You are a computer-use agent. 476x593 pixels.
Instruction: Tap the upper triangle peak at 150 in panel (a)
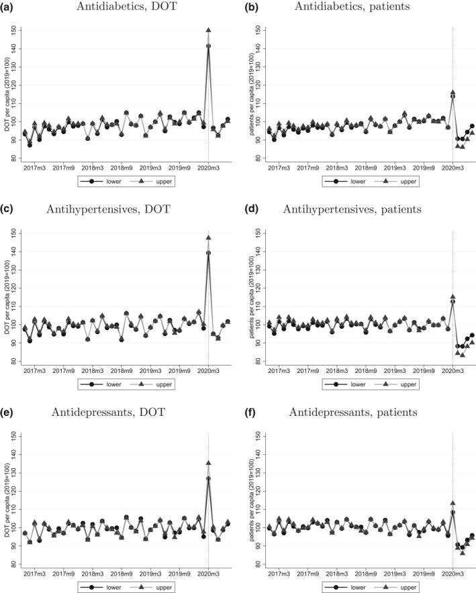click(x=208, y=31)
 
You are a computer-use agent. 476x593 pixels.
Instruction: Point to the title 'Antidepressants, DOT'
click(x=126, y=413)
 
